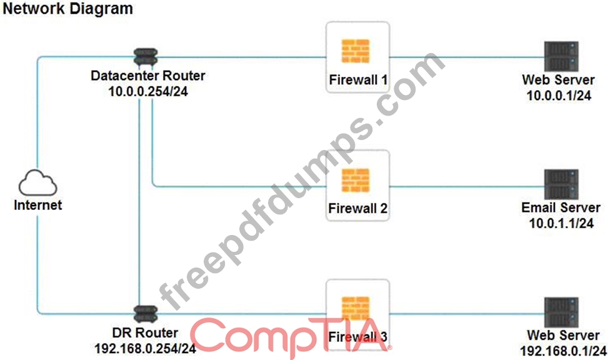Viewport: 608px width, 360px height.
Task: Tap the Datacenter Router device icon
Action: [x=146, y=57]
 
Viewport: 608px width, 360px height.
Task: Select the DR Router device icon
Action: [x=146, y=314]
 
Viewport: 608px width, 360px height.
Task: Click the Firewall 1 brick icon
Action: [x=356, y=51]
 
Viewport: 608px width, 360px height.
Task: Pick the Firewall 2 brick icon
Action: [x=356, y=180]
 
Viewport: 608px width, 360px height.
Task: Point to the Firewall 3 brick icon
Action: [x=356, y=309]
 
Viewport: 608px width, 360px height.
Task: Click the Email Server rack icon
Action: [x=561, y=184]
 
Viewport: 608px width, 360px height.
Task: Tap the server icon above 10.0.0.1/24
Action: [x=561, y=56]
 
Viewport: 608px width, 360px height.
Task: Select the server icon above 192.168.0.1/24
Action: [x=561, y=312]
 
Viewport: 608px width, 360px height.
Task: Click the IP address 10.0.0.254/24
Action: [x=148, y=91]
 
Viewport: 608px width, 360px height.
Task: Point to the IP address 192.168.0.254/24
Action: [x=145, y=348]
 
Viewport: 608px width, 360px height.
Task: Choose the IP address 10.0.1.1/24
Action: [x=561, y=223]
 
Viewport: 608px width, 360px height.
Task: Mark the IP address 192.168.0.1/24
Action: [x=563, y=351]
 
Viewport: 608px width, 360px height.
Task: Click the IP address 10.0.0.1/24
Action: [x=559, y=96]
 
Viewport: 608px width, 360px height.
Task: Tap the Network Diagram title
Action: [x=68, y=9]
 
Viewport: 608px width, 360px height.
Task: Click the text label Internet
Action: [x=38, y=205]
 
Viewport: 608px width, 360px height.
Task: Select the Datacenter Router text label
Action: [x=147, y=76]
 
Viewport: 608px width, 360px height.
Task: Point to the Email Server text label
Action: [x=561, y=207]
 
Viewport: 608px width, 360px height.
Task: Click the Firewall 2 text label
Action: [x=357, y=208]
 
